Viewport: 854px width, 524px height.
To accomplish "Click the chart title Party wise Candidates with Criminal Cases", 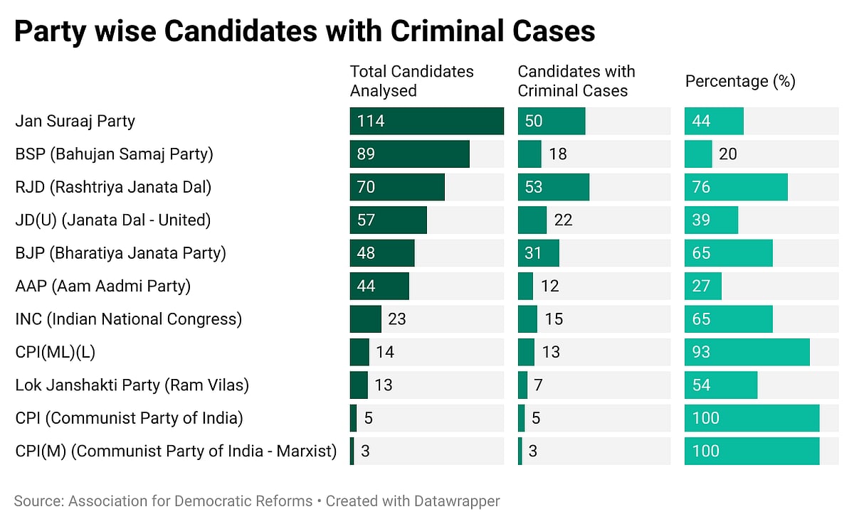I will pyautogui.click(x=305, y=32).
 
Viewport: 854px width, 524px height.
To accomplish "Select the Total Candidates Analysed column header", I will pyautogui.click(x=411, y=81).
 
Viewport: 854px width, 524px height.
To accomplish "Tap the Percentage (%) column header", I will pyautogui.click(x=740, y=81).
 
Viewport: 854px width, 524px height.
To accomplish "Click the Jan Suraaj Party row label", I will pyautogui.click(x=75, y=121).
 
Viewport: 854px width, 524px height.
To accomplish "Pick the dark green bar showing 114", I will pyautogui.click(x=426, y=121).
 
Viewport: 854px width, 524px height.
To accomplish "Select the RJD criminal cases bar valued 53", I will pyautogui.click(x=553, y=187).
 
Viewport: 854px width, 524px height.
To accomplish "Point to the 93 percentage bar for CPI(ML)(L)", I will pyautogui.click(x=747, y=352).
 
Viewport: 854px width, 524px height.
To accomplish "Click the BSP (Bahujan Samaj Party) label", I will pyautogui.click(x=114, y=154).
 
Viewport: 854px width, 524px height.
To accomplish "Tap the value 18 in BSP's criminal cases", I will pyautogui.click(x=558, y=154).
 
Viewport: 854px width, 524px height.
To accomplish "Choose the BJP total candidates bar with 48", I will pyautogui.click(x=381, y=253).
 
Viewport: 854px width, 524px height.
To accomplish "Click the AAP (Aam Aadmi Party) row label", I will pyautogui.click(x=102, y=287).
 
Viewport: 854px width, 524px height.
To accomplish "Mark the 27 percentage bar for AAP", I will pyautogui.click(x=703, y=287).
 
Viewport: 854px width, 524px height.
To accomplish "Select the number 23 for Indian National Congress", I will pyautogui.click(x=397, y=319).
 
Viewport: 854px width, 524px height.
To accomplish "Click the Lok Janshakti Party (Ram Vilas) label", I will pyautogui.click(x=132, y=385).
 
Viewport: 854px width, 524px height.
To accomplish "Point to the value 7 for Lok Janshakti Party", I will pyautogui.click(x=538, y=385).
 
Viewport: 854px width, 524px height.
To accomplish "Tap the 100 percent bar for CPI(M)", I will pyautogui.click(x=752, y=451).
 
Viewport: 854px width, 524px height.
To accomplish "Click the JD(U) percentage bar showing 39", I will pyautogui.click(x=711, y=220).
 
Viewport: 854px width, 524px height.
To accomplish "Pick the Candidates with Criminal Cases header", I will pyautogui.click(x=576, y=81).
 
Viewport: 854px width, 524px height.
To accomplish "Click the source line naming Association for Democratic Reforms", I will pyautogui.click(x=163, y=501).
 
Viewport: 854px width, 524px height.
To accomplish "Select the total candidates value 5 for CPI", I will pyautogui.click(x=369, y=418).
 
